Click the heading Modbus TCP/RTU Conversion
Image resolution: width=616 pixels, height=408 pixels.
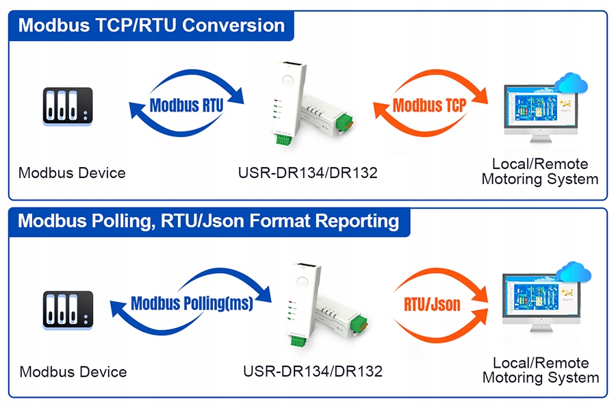coord(151,25)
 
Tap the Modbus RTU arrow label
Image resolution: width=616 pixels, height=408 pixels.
coord(186,105)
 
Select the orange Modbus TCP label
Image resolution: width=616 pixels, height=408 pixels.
coord(429,105)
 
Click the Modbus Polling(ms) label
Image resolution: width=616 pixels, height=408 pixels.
coord(192,303)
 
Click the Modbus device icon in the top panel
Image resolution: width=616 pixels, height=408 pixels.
coord(66,106)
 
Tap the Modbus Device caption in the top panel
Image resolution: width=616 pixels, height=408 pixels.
coord(72,173)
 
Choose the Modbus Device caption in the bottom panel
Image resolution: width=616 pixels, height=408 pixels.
coord(73,372)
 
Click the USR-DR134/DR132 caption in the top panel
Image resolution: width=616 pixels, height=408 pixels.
coord(307,173)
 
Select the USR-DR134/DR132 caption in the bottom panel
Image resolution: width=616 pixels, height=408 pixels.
coord(313,372)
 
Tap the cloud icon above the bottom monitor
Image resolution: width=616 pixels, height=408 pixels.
coord(573,272)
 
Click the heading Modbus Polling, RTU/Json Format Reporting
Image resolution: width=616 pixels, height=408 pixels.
coord(209,222)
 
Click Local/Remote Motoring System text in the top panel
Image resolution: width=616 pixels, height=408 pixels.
coord(540,172)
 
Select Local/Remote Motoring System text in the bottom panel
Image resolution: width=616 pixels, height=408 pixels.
coord(541,370)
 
